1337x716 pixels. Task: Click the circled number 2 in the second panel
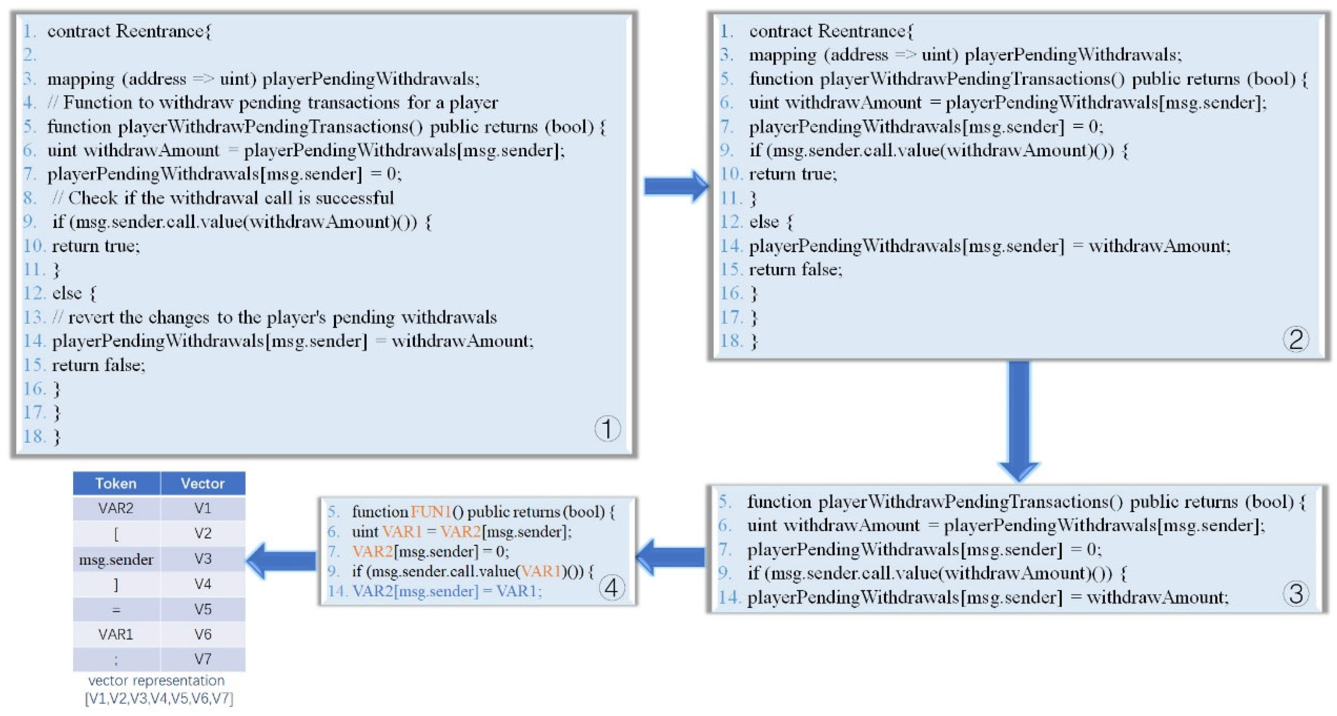click(x=1295, y=340)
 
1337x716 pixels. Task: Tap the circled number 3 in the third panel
click(x=1295, y=593)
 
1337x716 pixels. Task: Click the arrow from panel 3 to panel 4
click(x=670, y=556)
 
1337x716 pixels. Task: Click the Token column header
click(x=116, y=483)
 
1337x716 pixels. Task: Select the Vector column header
click(x=203, y=483)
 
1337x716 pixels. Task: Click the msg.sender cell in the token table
click(x=116, y=560)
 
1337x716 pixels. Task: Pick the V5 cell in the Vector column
click(x=203, y=609)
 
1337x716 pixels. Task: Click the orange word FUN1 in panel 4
click(x=430, y=512)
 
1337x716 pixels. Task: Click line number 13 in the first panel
click(x=34, y=317)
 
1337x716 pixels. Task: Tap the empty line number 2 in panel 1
click(x=30, y=55)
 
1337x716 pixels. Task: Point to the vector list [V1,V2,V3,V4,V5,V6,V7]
click(x=159, y=698)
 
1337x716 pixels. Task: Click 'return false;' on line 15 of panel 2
click(x=795, y=270)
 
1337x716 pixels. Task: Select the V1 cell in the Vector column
click(x=203, y=508)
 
